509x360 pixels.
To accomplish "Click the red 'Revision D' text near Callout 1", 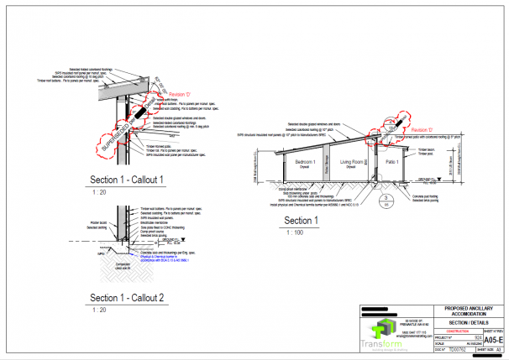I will [x=182, y=95].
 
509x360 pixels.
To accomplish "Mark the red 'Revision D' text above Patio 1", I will [x=422, y=130].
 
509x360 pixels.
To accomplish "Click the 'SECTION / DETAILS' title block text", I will [x=469, y=322].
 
